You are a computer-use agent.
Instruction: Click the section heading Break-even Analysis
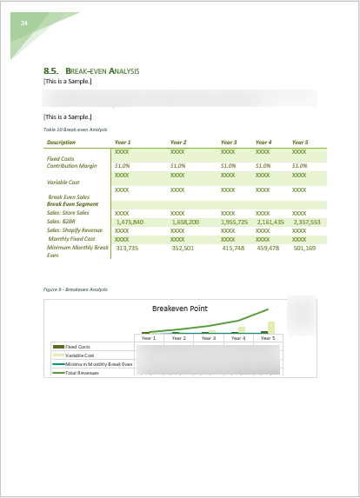[102, 70]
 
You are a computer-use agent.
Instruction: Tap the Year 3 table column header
[229, 142]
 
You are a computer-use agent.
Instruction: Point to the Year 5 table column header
[300, 142]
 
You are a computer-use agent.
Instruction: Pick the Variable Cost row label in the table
[63, 183]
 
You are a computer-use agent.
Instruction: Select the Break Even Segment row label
[72, 204]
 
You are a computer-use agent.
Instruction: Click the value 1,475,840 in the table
[130, 222]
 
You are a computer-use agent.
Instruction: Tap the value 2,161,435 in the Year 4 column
[270, 222]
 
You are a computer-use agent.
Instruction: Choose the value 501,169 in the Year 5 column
[304, 248]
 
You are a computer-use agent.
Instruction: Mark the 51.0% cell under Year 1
[122, 165]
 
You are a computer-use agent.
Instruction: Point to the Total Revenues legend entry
[83, 372]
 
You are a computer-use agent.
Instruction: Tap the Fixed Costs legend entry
[77, 347]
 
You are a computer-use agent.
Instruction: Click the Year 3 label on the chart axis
[209, 338]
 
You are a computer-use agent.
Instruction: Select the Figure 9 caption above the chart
[75, 289]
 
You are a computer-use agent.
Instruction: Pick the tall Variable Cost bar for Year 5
[270, 327]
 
